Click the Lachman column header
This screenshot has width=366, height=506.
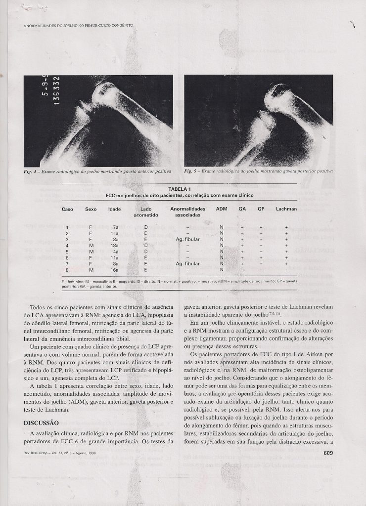pos(286,209)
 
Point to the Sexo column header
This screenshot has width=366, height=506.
pos(91,209)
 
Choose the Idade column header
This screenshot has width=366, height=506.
pos(114,209)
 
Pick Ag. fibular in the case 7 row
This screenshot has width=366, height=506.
pos(186,264)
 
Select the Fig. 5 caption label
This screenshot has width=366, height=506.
pos(189,171)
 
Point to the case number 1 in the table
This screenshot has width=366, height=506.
pos(67,227)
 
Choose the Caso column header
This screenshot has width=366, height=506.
pos(67,209)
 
